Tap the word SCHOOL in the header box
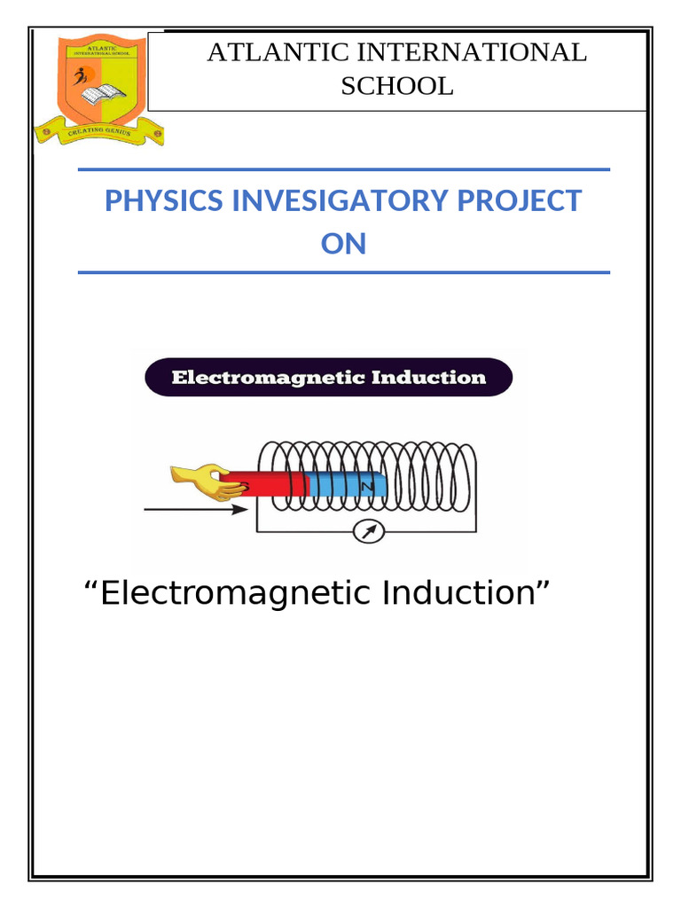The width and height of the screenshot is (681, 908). pyautogui.click(x=397, y=86)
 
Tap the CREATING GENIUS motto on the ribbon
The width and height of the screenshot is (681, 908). pyautogui.click(x=98, y=133)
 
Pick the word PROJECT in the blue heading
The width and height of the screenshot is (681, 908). pyautogui.click(x=521, y=201)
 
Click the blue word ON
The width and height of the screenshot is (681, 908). pyautogui.click(x=343, y=244)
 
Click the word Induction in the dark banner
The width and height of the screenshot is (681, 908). pyautogui.click(x=429, y=378)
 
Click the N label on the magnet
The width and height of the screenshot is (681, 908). pyautogui.click(x=365, y=487)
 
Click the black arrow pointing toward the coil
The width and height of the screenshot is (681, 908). pyautogui.click(x=195, y=510)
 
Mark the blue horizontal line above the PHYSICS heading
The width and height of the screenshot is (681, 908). pyautogui.click(x=344, y=168)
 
